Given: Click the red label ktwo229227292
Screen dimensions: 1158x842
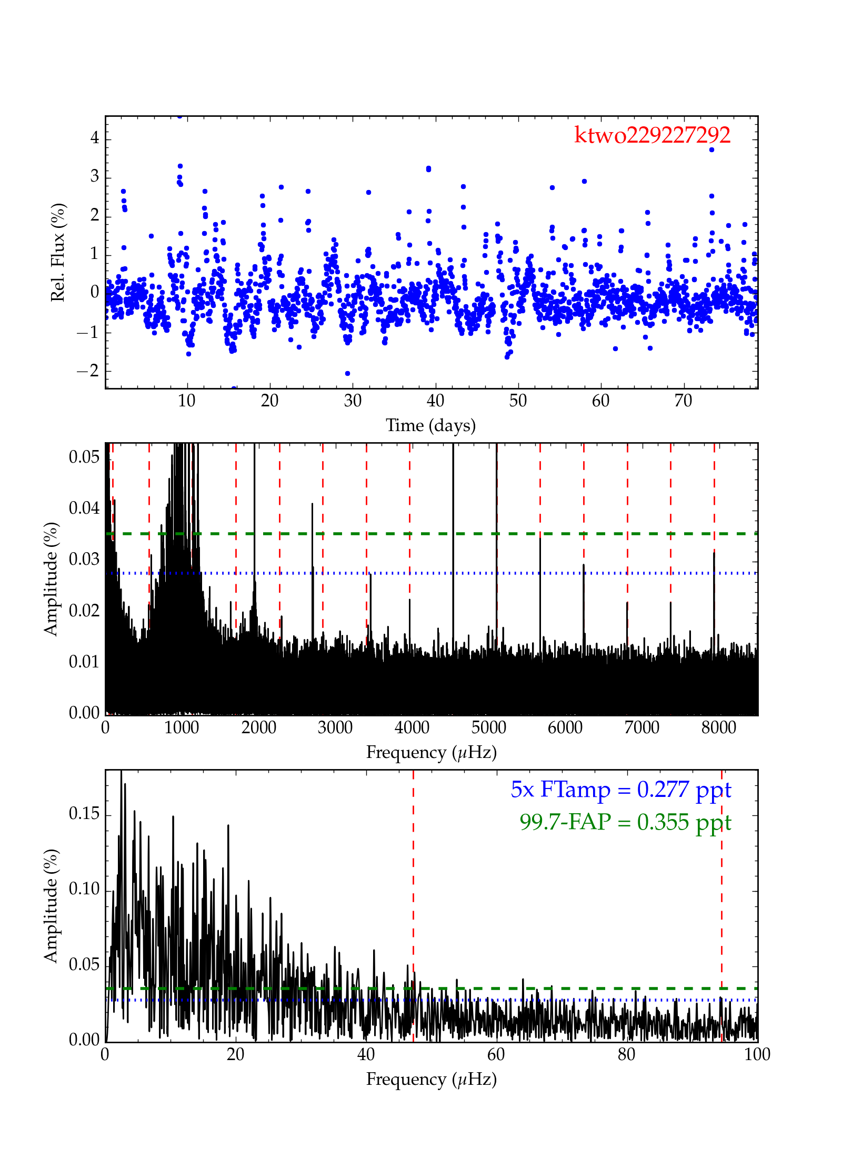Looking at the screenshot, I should coord(651,135).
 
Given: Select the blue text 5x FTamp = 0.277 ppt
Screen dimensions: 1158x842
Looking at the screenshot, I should coord(620,790).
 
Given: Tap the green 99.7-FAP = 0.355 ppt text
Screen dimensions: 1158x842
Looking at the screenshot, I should coord(625,822).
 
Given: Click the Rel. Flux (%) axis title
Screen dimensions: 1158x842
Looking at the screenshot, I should coord(58,252).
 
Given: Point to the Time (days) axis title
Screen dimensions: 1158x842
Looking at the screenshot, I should coord(430,425).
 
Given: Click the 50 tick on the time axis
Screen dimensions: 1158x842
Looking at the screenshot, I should coord(518,401).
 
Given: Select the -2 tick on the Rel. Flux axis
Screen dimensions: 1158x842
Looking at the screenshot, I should coord(88,371).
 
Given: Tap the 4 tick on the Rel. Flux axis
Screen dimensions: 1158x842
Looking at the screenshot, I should coord(95,138).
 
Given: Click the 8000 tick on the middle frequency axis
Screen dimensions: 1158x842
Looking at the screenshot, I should coord(718,728).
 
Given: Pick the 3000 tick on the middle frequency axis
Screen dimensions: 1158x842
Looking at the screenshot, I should coord(335,728).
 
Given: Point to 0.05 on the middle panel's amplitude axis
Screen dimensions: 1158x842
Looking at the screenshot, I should coord(84,457).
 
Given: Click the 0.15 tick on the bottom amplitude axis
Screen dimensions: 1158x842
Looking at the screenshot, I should coord(84,814).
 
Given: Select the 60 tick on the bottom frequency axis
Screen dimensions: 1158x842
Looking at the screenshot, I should coord(496,1054).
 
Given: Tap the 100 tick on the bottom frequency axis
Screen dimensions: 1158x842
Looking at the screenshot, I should coord(757,1054).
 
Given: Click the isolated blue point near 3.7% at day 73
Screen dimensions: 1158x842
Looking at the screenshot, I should coord(711,149).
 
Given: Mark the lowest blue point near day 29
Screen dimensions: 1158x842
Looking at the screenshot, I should coord(347,373).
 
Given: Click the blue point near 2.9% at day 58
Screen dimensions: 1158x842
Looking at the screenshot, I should coord(584,181).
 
